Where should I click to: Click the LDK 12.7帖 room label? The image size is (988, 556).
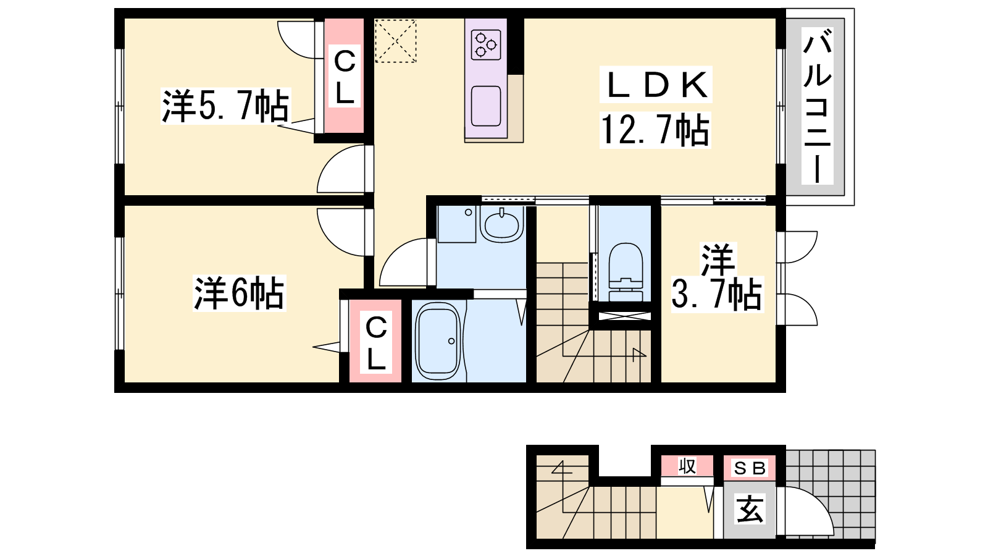655,107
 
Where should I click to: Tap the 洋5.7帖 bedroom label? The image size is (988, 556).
225,106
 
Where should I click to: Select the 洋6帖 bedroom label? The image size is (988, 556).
239,293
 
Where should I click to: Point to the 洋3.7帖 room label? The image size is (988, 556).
717,277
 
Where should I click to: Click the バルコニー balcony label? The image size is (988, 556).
818,106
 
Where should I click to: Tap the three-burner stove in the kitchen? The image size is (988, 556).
485,44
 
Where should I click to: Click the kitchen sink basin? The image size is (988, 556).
485,106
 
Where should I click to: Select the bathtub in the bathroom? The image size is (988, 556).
438,341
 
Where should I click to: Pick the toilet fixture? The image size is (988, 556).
626,272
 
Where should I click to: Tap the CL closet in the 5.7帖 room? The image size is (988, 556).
344,76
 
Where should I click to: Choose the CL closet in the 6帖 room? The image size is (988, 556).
376,341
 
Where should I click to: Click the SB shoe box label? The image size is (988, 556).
750,468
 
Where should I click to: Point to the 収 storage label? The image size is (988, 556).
687,466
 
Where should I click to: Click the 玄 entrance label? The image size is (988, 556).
750,509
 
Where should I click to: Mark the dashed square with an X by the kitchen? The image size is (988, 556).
396,41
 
